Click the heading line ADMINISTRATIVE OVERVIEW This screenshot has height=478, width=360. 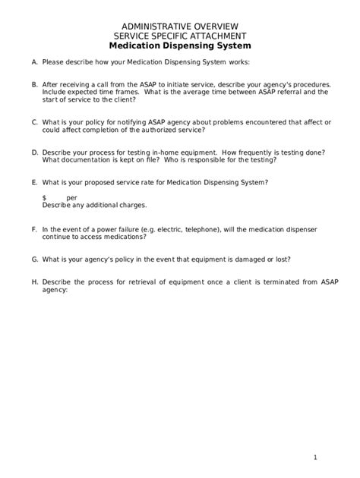(x=180, y=26)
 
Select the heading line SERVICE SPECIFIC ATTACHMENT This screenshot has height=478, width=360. (x=180, y=36)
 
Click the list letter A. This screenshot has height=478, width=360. (x=34, y=62)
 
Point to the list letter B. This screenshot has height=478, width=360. (x=34, y=85)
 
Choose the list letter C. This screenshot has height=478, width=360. (x=34, y=121)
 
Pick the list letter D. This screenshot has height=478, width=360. (x=34, y=152)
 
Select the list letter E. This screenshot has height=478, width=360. (x=34, y=182)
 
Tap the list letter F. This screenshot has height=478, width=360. (x=34, y=228)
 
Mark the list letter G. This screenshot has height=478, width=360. (x=34, y=259)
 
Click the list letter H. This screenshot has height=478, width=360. (x=34, y=281)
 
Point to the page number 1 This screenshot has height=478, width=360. (x=314, y=457)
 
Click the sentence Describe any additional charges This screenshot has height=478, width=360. (x=94, y=206)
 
